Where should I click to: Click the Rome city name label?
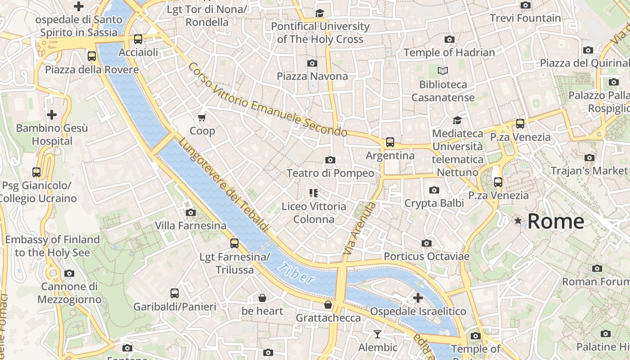[x=556, y=221]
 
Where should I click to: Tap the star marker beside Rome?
[x=518, y=220]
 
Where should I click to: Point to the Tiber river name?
[x=296, y=273]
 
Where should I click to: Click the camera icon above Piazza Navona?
[x=312, y=63]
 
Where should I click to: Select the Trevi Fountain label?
[x=525, y=18]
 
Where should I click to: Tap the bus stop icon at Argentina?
[x=390, y=142]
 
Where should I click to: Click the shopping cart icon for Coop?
[x=202, y=117]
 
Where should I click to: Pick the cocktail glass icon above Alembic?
[x=377, y=334]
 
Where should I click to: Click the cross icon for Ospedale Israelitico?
[x=418, y=298]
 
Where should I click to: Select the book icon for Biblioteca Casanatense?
[x=443, y=71]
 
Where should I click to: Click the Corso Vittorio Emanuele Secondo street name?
[x=267, y=100]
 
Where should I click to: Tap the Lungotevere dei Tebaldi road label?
[x=224, y=184]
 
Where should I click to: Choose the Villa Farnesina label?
[x=190, y=225]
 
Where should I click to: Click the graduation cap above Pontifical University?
[x=319, y=13]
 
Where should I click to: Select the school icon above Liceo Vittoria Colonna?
[x=314, y=193]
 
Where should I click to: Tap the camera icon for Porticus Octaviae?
[x=426, y=243]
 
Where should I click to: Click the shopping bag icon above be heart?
[x=262, y=298]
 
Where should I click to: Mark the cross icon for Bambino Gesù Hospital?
[x=52, y=115]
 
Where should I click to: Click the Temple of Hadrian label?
[x=449, y=52]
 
